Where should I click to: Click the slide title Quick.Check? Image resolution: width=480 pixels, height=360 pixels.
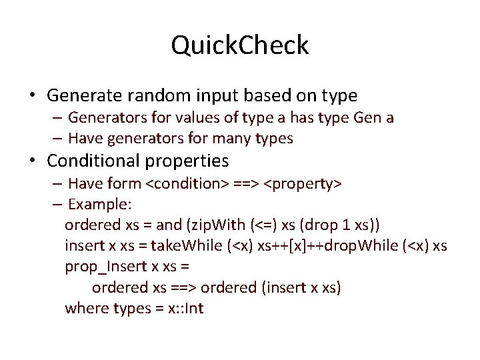pyautogui.click(x=240, y=45)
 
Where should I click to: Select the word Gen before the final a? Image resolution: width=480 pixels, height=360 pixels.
pyautogui.click(x=369, y=118)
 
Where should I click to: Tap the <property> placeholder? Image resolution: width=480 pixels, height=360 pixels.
pyautogui.click(x=304, y=183)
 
